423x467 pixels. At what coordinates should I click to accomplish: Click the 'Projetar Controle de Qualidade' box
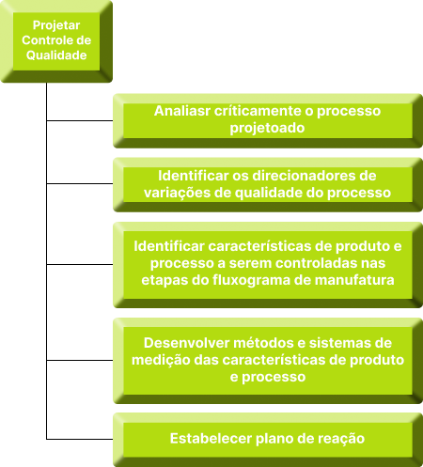pyautogui.click(x=56, y=41)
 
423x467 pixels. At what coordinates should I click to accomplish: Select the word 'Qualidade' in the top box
pyautogui.click(x=56, y=55)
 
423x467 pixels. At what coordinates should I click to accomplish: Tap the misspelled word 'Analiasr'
pyautogui.click(x=182, y=111)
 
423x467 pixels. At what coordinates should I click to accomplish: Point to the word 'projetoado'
pyautogui.click(x=267, y=128)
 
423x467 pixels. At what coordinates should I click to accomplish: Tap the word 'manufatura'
pyautogui.click(x=354, y=280)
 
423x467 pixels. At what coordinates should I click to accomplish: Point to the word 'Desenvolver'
pyautogui.click(x=187, y=343)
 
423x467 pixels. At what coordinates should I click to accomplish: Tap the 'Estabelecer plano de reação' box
pyautogui.click(x=268, y=440)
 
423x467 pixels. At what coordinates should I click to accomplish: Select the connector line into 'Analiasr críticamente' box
pyautogui.click(x=80, y=120)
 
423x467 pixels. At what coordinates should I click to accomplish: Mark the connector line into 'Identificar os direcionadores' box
pyautogui.click(x=80, y=183)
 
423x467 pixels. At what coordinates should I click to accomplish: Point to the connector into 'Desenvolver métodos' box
pyautogui.click(x=80, y=360)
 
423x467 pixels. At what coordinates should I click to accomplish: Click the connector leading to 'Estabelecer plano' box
pyautogui.click(x=80, y=439)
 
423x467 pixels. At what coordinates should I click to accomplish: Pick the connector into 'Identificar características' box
pyautogui.click(x=80, y=264)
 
